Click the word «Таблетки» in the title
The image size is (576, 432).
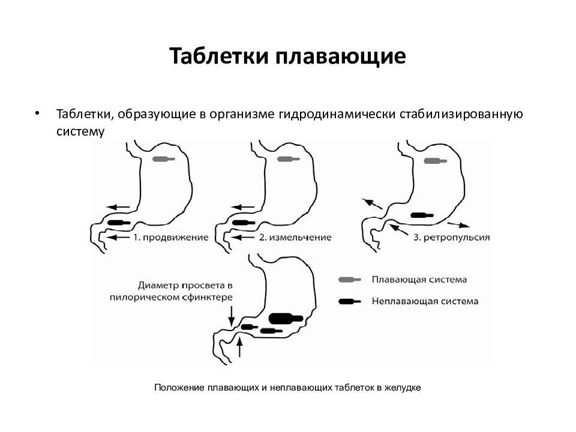tap(219, 56)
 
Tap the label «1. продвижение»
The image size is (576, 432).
tap(170, 238)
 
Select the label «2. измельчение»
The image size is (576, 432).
tap(295, 238)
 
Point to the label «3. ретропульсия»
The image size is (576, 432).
tap(451, 238)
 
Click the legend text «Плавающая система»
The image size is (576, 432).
tap(419, 280)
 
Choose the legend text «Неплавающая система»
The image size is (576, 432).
tap(425, 301)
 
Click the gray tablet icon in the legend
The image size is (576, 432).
tap(350, 280)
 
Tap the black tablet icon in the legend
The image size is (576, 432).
tap(350, 302)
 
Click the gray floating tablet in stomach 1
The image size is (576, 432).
tap(163, 159)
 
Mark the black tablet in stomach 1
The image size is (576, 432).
tap(119, 223)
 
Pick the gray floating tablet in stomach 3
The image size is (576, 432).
tap(436, 161)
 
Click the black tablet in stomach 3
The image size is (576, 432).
tap(422, 215)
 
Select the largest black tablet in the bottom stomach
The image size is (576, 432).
tap(286, 318)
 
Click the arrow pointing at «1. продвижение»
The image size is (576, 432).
tap(118, 238)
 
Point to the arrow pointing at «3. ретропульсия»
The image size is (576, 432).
tap(398, 230)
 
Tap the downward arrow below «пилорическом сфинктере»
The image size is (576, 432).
tap(232, 316)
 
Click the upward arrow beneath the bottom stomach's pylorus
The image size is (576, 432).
tap(239, 347)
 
